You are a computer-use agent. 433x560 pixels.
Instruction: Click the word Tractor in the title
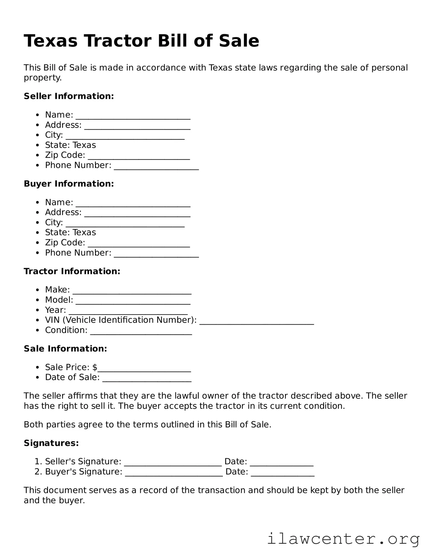tap(118, 41)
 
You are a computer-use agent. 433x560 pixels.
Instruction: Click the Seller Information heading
tap(69, 96)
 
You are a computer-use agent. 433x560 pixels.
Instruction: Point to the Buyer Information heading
tap(69, 184)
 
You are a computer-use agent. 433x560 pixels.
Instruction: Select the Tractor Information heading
tap(72, 271)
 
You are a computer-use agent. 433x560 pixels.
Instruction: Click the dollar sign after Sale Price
tap(95, 367)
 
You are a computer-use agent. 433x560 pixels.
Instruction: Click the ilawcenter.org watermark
tap(343, 538)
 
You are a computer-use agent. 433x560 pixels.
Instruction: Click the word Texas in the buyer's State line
tap(84, 232)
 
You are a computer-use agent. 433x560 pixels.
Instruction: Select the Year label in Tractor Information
tap(55, 310)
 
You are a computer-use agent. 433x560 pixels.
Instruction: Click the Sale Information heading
tap(65, 349)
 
